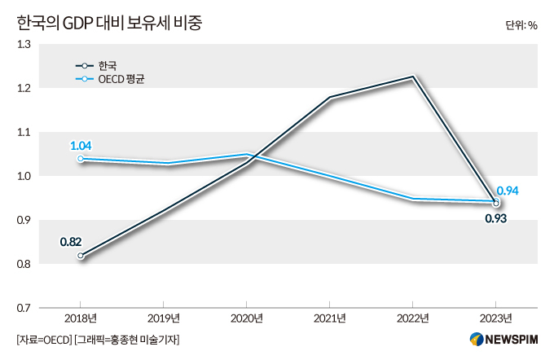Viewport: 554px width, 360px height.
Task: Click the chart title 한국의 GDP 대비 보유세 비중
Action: tap(109, 24)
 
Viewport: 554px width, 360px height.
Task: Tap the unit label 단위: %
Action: tap(521, 25)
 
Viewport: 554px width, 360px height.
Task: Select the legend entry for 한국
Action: tap(96, 66)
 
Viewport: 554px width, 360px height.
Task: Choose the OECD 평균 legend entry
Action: tap(110, 79)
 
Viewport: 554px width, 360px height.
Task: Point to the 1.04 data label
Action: tap(81, 146)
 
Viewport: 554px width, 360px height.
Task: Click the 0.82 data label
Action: tap(71, 242)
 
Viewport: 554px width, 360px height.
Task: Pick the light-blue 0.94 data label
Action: tap(508, 191)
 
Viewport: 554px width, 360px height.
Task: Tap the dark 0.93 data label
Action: tap(495, 218)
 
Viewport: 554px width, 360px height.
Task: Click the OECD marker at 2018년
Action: tap(81, 159)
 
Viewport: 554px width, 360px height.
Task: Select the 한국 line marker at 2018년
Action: tap(81, 256)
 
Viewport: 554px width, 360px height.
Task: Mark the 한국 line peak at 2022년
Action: tap(412, 77)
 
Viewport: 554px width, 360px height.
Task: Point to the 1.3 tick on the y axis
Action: tap(24, 45)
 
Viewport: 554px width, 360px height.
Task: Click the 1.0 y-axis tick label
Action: tap(24, 176)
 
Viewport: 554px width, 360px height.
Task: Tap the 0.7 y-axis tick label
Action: tap(24, 308)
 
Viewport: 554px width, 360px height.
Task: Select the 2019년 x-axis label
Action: tap(164, 318)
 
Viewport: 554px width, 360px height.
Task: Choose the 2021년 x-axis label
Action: tap(330, 318)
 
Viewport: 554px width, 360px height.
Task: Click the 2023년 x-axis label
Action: tap(495, 318)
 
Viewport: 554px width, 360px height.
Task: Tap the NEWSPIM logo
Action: tap(503, 339)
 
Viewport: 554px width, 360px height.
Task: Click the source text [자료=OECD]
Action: tap(44, 340)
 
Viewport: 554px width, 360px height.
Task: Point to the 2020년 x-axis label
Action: tap(247, 318)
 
